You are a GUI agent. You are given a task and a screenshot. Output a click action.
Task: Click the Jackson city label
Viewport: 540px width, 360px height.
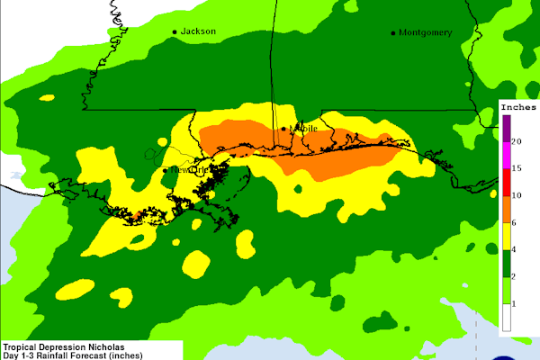(199, 31)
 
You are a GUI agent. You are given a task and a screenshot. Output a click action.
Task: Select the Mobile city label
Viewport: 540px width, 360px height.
(303, 129)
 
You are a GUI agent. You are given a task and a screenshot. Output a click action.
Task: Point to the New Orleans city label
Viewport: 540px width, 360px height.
(191, 169)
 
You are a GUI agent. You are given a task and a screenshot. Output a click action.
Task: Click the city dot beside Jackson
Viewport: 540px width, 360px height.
(175, 32)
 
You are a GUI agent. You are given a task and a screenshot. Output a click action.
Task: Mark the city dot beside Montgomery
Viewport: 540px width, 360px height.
(393, 33)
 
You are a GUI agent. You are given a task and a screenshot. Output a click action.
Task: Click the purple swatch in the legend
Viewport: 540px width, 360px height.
(506, 130)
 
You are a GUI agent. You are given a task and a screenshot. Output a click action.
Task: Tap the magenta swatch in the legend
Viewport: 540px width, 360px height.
(506, 155)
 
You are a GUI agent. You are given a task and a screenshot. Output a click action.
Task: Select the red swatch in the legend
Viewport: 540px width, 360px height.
(506, 181)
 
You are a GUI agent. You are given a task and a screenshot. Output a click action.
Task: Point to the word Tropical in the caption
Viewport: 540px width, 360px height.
(22, 345)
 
